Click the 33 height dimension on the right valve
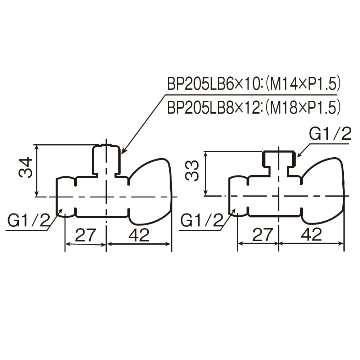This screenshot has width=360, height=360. click(192, 171)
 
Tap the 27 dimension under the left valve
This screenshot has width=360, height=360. click(85, 235)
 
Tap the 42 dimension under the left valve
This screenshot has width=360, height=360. click(139, 235)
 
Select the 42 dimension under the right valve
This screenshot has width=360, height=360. click(311, 235)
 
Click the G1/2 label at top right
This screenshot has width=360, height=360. click(330, 134)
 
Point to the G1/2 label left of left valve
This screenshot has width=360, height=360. click(29, 220)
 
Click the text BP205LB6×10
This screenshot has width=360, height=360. click(213, 84)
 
